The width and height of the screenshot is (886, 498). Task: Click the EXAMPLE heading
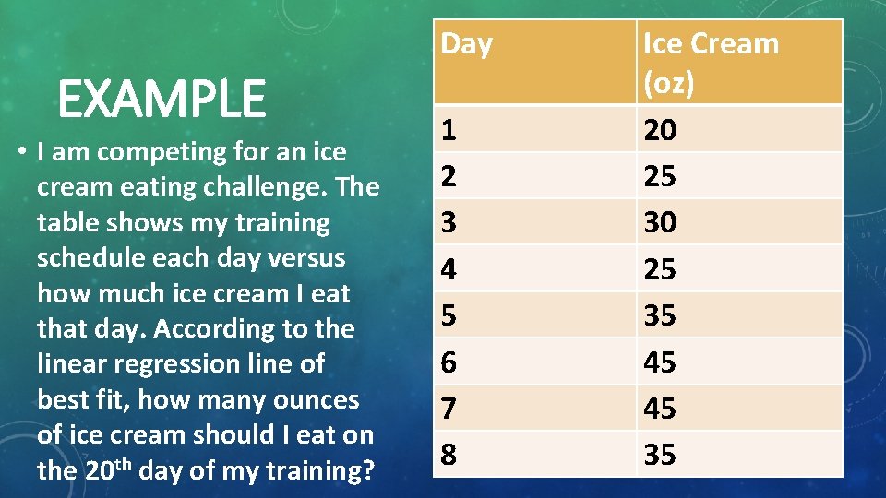click(x=162, y=100)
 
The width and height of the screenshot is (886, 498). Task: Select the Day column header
click(x=467, y=44)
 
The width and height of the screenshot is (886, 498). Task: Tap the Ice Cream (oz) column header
click(x=710, y=62)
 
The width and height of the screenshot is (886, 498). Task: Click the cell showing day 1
click(x=449, y=130)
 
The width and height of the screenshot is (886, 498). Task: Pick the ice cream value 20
click(x=659, y=131)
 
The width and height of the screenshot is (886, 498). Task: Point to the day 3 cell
click(x=449, y=222)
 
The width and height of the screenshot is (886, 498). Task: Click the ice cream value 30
click(x=659, y=223)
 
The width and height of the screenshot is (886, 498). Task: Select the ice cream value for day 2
click(x=659, y=176)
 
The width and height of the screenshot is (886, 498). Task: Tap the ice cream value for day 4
click(x=659, y=269)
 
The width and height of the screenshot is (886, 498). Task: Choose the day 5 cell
click(x=449, y=315)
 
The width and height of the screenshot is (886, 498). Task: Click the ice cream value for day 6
click(x=659, y=362)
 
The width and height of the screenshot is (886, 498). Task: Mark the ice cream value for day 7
click(x=659, y=408)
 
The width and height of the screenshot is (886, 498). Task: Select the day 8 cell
click(x=449, y=454)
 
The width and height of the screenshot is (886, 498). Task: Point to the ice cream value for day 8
click(x=659, y=454)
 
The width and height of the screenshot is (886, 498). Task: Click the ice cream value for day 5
click(x=659, y=315)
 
